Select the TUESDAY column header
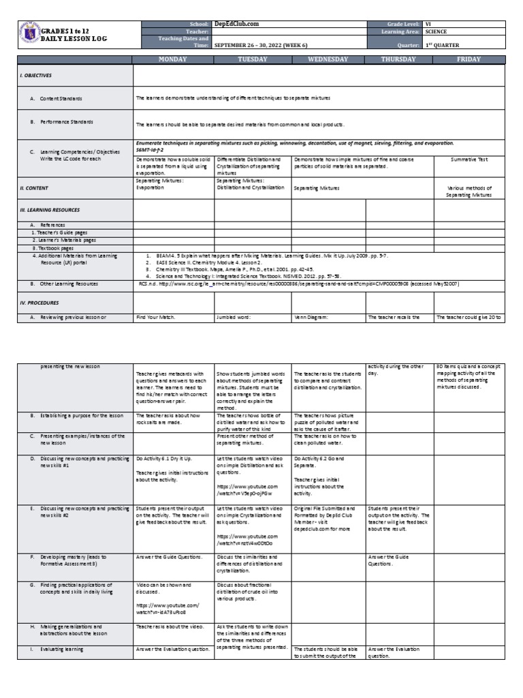click(252, 59)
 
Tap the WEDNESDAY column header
click(328, 59)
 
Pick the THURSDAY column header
click(400, 59)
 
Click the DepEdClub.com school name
click(236, 24)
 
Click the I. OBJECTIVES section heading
click(36, 75)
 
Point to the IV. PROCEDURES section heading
click(39, 301)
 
